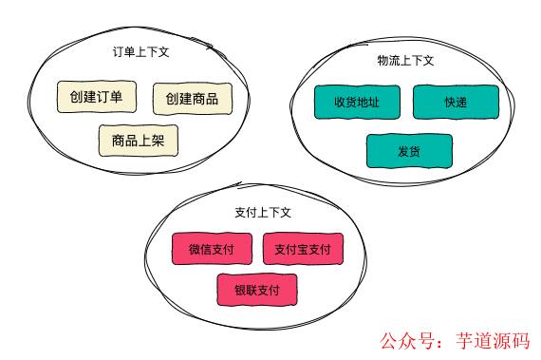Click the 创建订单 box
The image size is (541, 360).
[96, 98]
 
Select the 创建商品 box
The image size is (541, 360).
[192, 98]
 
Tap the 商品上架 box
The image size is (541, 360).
[139, 141]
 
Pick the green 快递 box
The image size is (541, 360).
[456, 103]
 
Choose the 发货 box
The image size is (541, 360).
[410, 151]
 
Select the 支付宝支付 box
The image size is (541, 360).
[302, 249]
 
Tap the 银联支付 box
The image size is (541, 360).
[257, 290]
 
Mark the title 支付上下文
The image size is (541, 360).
[262, 212]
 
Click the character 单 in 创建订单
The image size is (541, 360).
[116, 98]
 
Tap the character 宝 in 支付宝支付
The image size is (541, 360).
[303, 250]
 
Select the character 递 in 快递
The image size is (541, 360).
[462, 103]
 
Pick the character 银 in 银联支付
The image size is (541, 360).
[240, 290]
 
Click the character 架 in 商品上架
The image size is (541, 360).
[159, 141]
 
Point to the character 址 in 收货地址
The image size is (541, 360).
[375, 103]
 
